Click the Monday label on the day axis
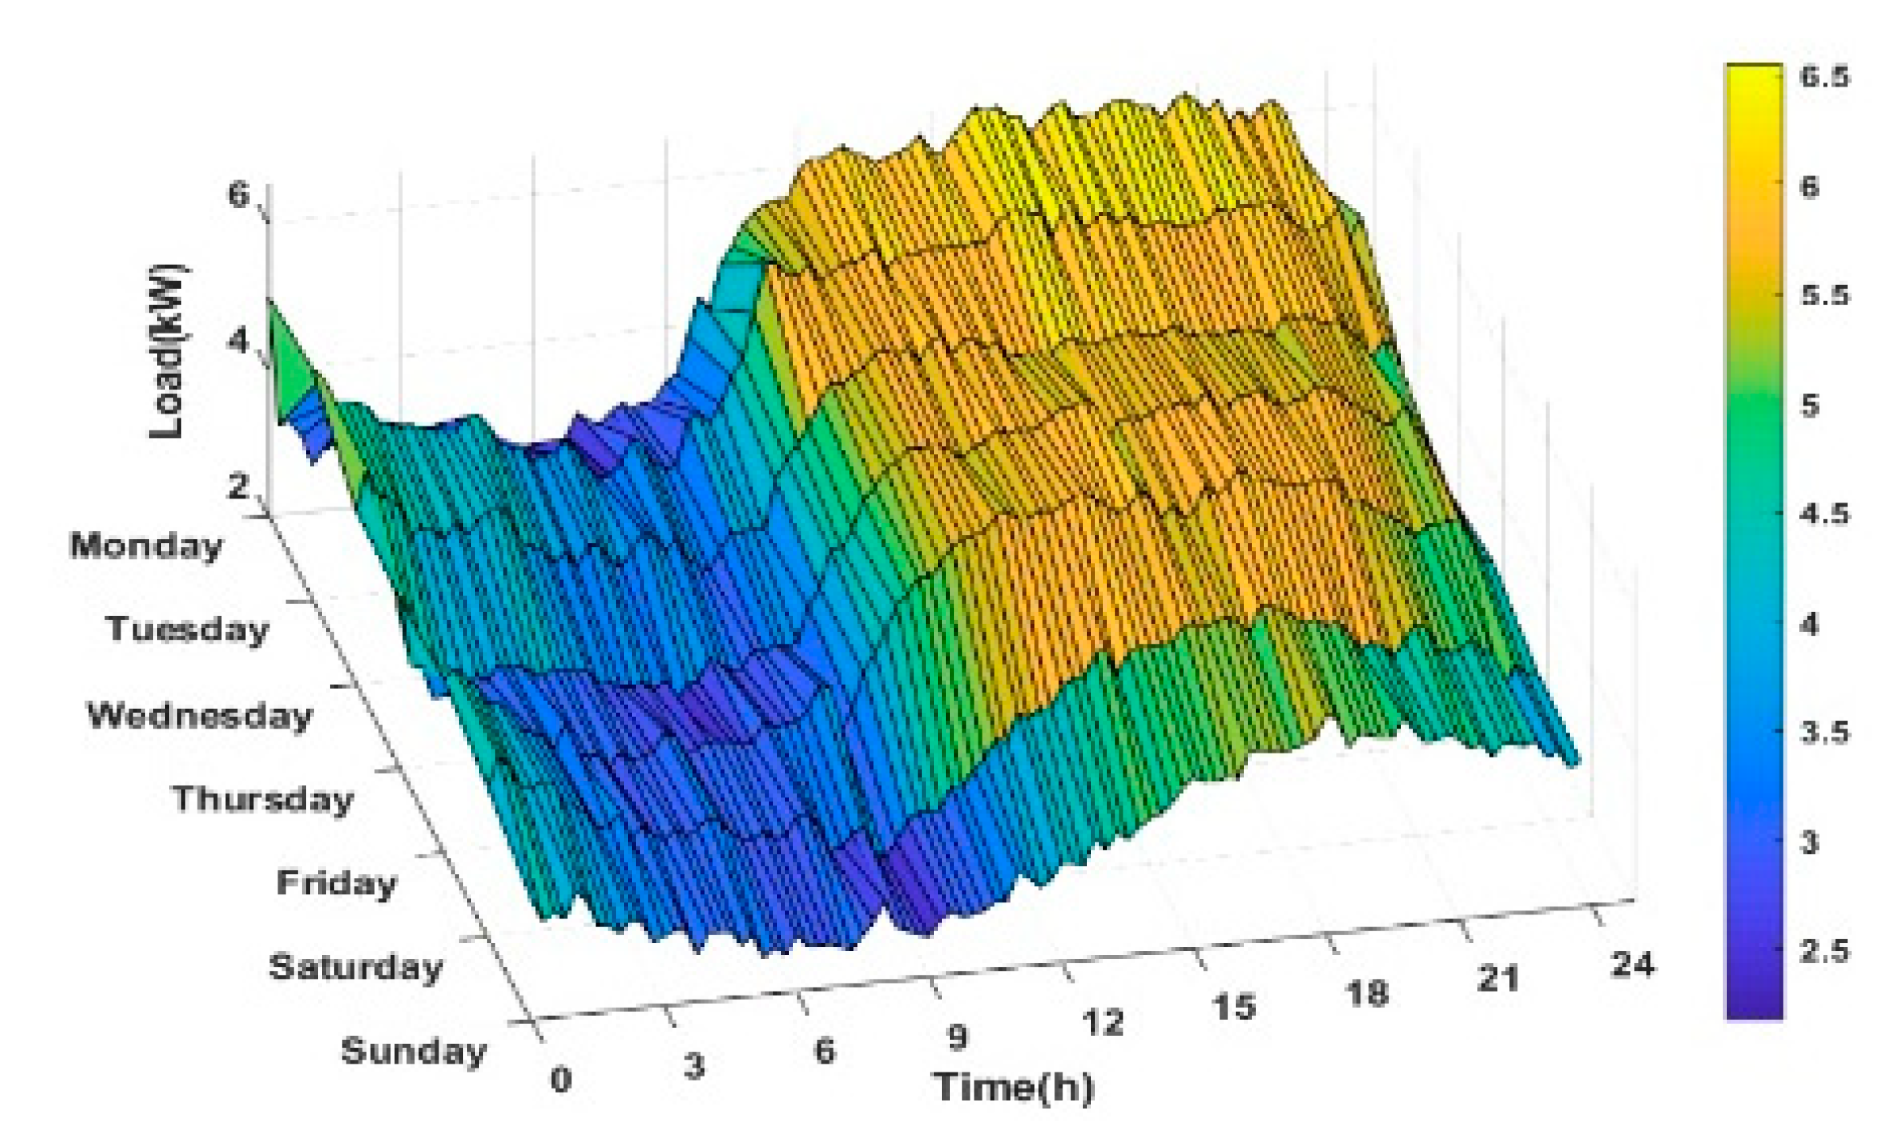click(x=146, y=546)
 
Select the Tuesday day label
click(x=187, y=629)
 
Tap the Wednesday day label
click(x=199, y=715)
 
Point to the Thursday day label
click(x=263, y=799)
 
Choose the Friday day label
click(x=336, y=882)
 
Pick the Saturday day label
click(x=355, y=966)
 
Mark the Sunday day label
click(x=414, y=1051)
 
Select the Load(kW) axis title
click(x=168, y=351)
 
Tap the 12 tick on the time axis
click(x=1102, y=1023)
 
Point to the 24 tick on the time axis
click(x=1633, y=964)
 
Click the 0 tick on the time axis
click(x=561, y=1079)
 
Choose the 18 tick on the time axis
click(x=1367, y=993)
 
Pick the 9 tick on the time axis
click(x=957, y=1037)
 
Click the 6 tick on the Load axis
click(x=239, y=194)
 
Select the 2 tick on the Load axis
click(x=239, y=486)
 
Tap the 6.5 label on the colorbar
click(x=1825, y=77)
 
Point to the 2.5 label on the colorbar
click(x=1825, y=951)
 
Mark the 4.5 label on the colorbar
click(x=1825, y=514)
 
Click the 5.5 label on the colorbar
click(x=1825, y=295)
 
